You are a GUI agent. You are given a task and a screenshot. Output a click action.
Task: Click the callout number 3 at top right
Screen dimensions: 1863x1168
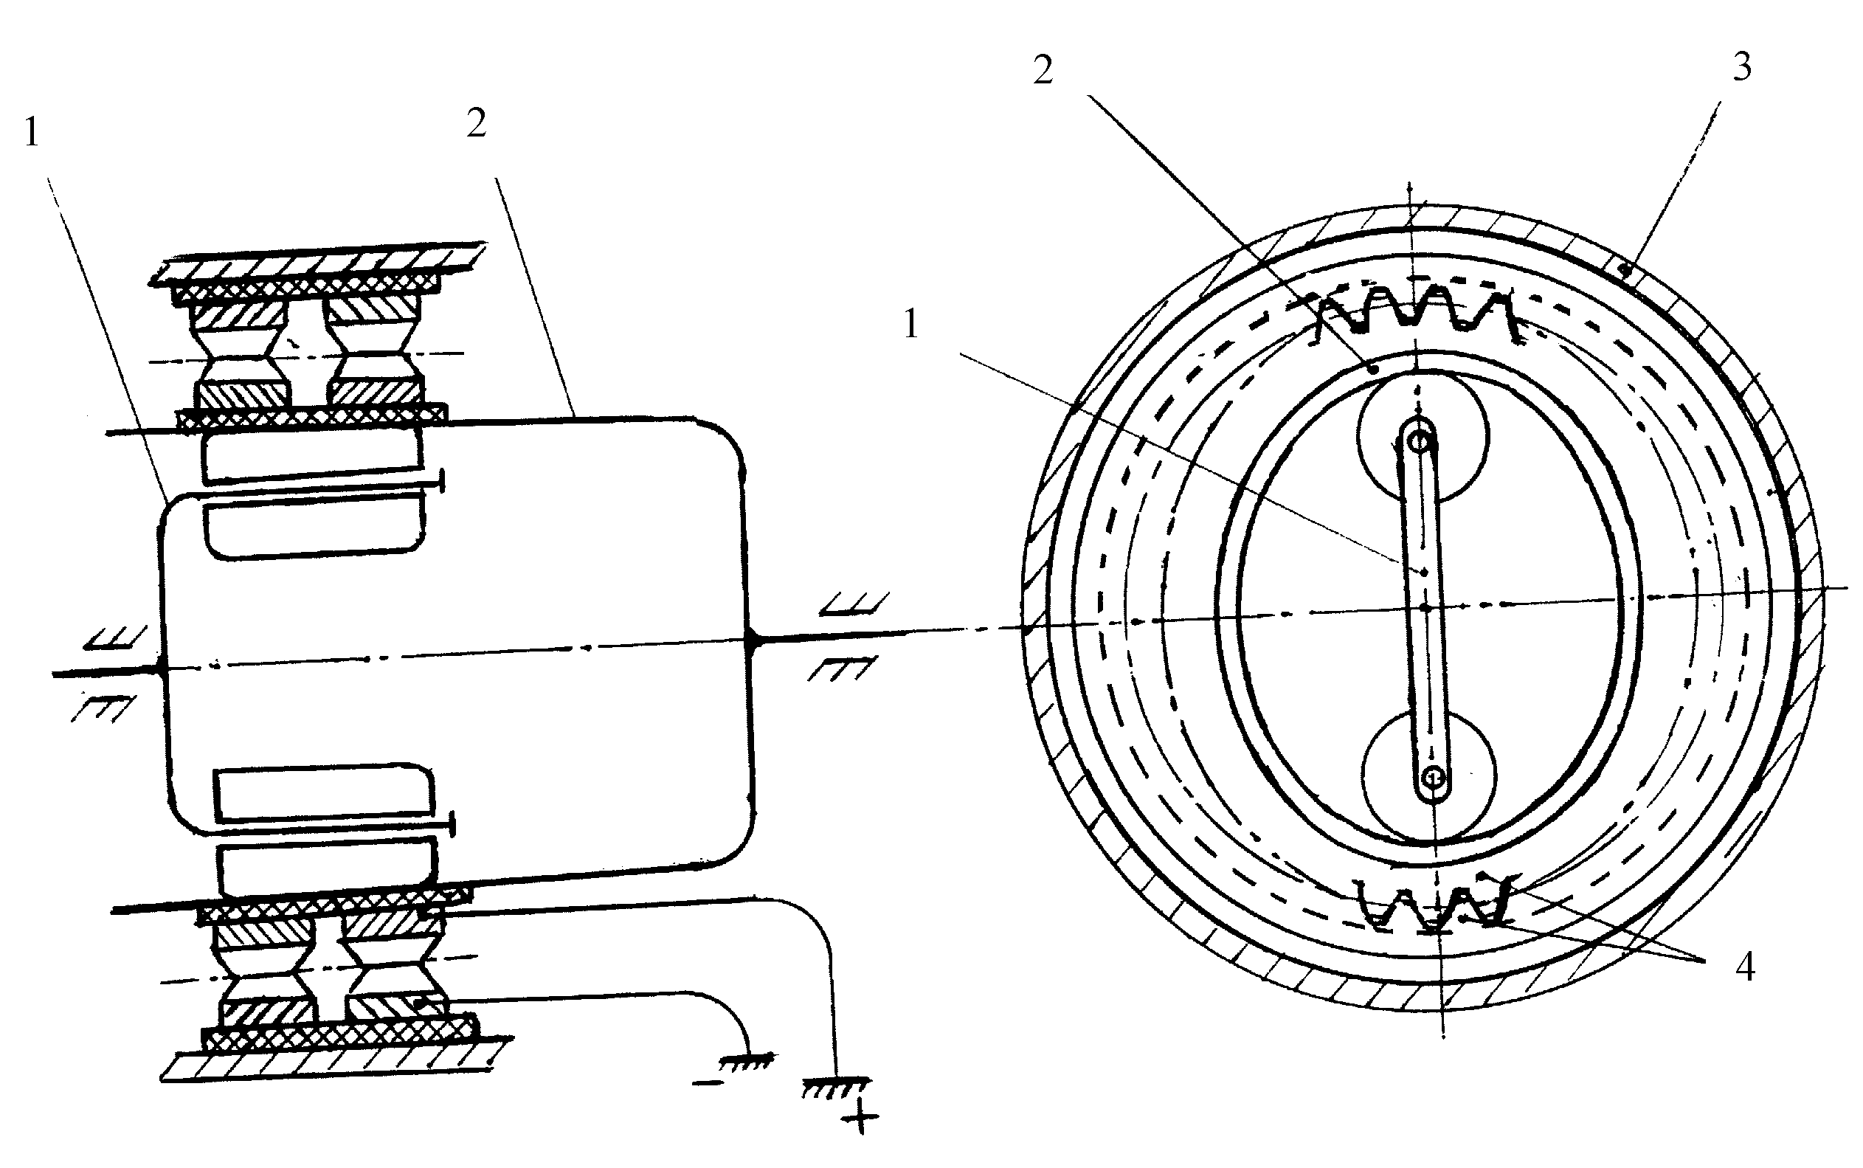click(1742, 67)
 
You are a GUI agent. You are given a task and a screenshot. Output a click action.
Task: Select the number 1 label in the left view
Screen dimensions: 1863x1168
click(32, 132)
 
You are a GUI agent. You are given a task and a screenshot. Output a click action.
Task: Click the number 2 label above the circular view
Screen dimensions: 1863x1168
click(1043, 70)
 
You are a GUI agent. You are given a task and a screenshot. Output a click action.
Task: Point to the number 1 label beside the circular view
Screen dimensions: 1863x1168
click(911, 324)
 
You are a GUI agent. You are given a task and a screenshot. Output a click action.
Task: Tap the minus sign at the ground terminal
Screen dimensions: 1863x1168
click(709, 1082)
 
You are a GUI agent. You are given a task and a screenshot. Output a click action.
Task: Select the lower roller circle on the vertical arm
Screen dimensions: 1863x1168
click(1430, 775)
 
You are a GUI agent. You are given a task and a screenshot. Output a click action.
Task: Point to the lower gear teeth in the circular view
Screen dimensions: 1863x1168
click(1435, 904)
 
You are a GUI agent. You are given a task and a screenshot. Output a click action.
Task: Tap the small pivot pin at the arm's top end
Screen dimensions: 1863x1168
click(1420, 441)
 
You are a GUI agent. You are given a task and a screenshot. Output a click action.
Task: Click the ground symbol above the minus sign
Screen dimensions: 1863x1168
click(744, 1059)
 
